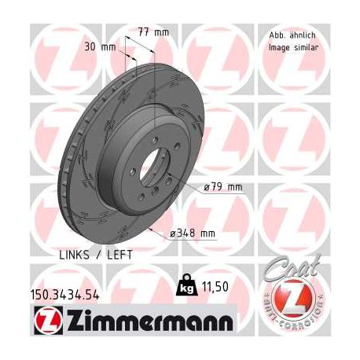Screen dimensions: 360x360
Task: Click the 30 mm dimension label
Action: [103, 47]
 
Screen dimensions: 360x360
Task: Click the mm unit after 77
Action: [163, 32]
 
